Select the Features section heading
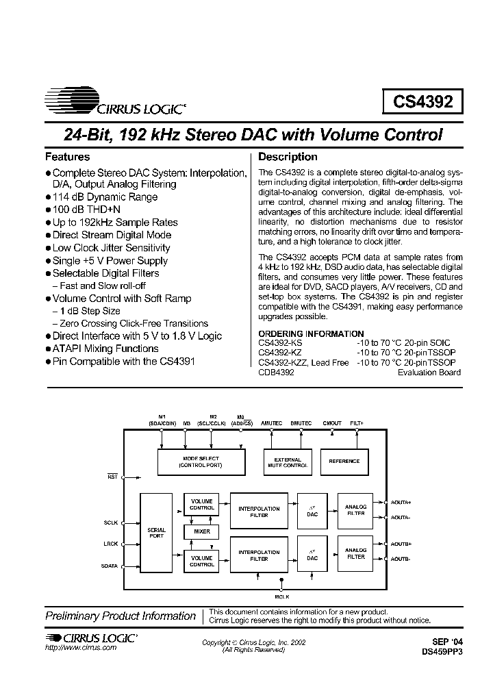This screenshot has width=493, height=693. click(67, 157)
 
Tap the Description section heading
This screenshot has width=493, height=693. click(288, 157)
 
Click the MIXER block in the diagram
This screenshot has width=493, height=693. click(201, 531)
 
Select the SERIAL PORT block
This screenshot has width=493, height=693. click(157, 533)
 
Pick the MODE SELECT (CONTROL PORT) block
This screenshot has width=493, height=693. click(201, 462)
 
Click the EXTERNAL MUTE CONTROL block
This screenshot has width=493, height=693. click(288, 462)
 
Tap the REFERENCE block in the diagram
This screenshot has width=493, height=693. click(344, 462)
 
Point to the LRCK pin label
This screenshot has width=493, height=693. click(111, 544)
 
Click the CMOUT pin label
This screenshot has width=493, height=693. click(331, 423)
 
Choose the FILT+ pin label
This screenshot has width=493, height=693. click(357, 423)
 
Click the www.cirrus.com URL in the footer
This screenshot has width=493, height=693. click(81, 648)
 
